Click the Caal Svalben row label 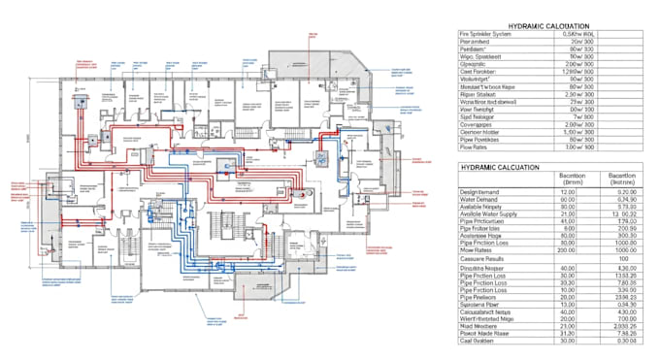pos(478,340)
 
